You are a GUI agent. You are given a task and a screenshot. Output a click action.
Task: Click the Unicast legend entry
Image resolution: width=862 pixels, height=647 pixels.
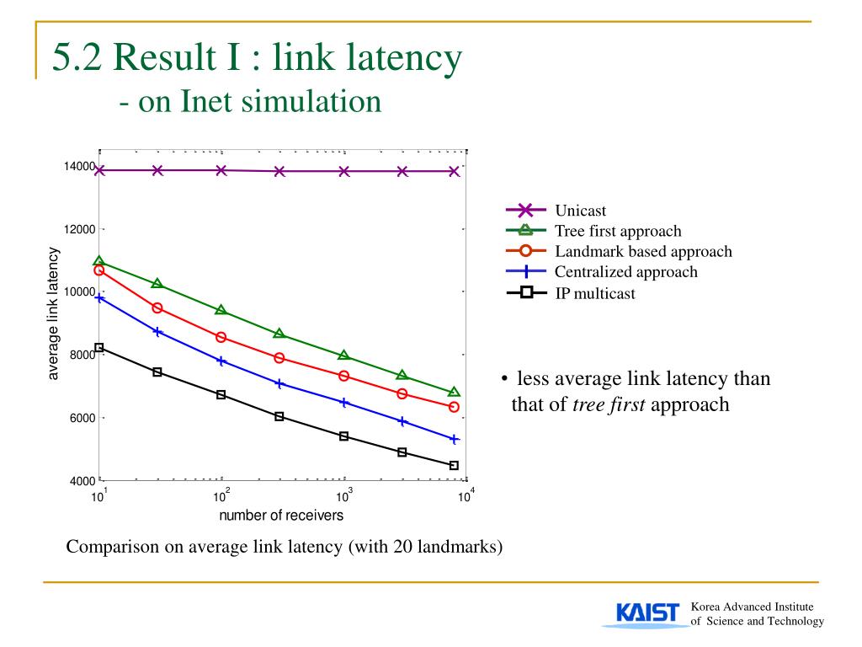[580, 211]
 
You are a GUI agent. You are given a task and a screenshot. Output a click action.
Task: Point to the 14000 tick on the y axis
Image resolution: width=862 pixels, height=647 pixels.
[79, 167]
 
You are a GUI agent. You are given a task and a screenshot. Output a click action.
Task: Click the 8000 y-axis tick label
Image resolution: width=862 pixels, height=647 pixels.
[82, 355]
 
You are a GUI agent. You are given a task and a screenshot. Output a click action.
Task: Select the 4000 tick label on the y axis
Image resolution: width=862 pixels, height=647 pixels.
[82, 481]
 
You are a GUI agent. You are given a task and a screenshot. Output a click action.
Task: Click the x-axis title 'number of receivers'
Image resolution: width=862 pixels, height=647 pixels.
[281, 516]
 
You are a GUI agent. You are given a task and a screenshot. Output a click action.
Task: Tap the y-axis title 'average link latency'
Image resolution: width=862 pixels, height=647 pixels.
[54, 313]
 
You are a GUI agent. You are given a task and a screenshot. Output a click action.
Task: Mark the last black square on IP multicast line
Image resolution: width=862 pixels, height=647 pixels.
[454, 465]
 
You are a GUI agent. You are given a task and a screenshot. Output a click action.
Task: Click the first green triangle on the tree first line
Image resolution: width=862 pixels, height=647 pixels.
[99, 262]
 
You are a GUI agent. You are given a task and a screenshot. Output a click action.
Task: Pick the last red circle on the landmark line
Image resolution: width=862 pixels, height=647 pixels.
[454, 407]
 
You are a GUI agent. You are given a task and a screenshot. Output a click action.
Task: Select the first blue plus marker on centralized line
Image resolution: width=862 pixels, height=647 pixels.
[99, 297]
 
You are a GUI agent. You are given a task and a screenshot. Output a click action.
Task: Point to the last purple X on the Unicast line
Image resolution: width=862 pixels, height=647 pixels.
[454, 171]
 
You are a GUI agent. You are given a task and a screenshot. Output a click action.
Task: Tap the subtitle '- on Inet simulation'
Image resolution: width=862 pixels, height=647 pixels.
[250, 102]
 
